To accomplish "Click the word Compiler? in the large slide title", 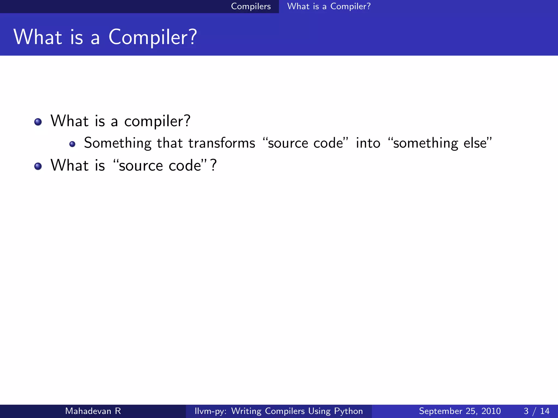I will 153,37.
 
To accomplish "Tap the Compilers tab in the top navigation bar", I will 251,6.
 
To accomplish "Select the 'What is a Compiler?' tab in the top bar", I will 329,6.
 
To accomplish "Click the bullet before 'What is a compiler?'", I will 38,122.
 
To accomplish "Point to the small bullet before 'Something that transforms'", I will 72,144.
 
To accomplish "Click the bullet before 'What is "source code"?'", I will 38,166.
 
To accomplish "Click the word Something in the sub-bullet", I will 117,143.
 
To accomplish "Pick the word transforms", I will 222,143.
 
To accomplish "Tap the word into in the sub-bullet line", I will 368,143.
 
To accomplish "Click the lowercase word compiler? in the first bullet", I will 157,121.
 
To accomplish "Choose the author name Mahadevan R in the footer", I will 93,411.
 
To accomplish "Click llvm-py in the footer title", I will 210,411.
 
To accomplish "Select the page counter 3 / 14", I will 536,411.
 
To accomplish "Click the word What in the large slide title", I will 38,37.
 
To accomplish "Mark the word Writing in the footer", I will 246,411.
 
